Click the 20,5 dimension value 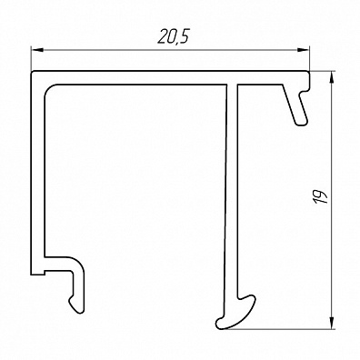173,37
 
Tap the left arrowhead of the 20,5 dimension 37,50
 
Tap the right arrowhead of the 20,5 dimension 304,50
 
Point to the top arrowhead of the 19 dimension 332,77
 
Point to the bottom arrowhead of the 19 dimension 332,323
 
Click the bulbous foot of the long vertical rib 236,313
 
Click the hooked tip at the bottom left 75,305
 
